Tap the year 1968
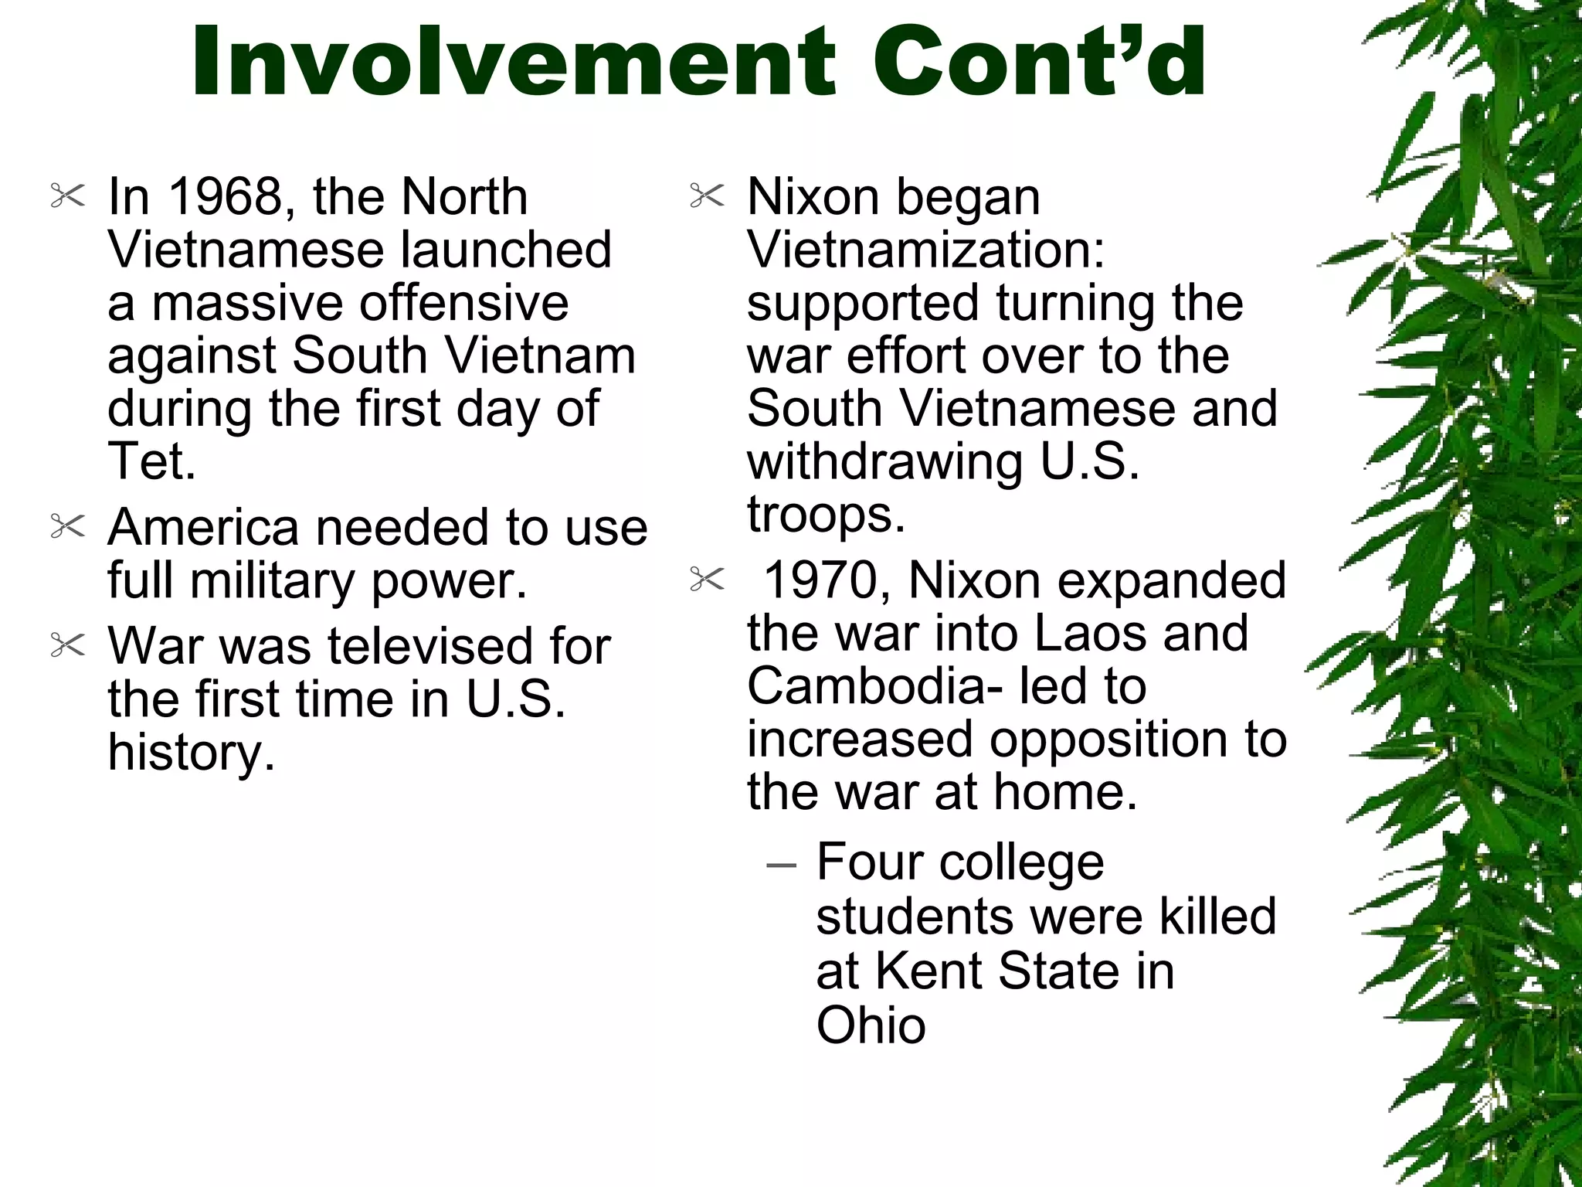coord(225,196)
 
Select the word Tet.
coord(151,461)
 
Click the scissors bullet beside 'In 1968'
coord(67,196)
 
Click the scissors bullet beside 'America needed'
coord(67,527)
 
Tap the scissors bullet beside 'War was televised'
coord(67,645)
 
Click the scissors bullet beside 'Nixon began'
coord(707,196)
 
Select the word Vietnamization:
coord(926,250)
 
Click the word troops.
coord(825,515)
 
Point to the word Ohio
coord(871,1025)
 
